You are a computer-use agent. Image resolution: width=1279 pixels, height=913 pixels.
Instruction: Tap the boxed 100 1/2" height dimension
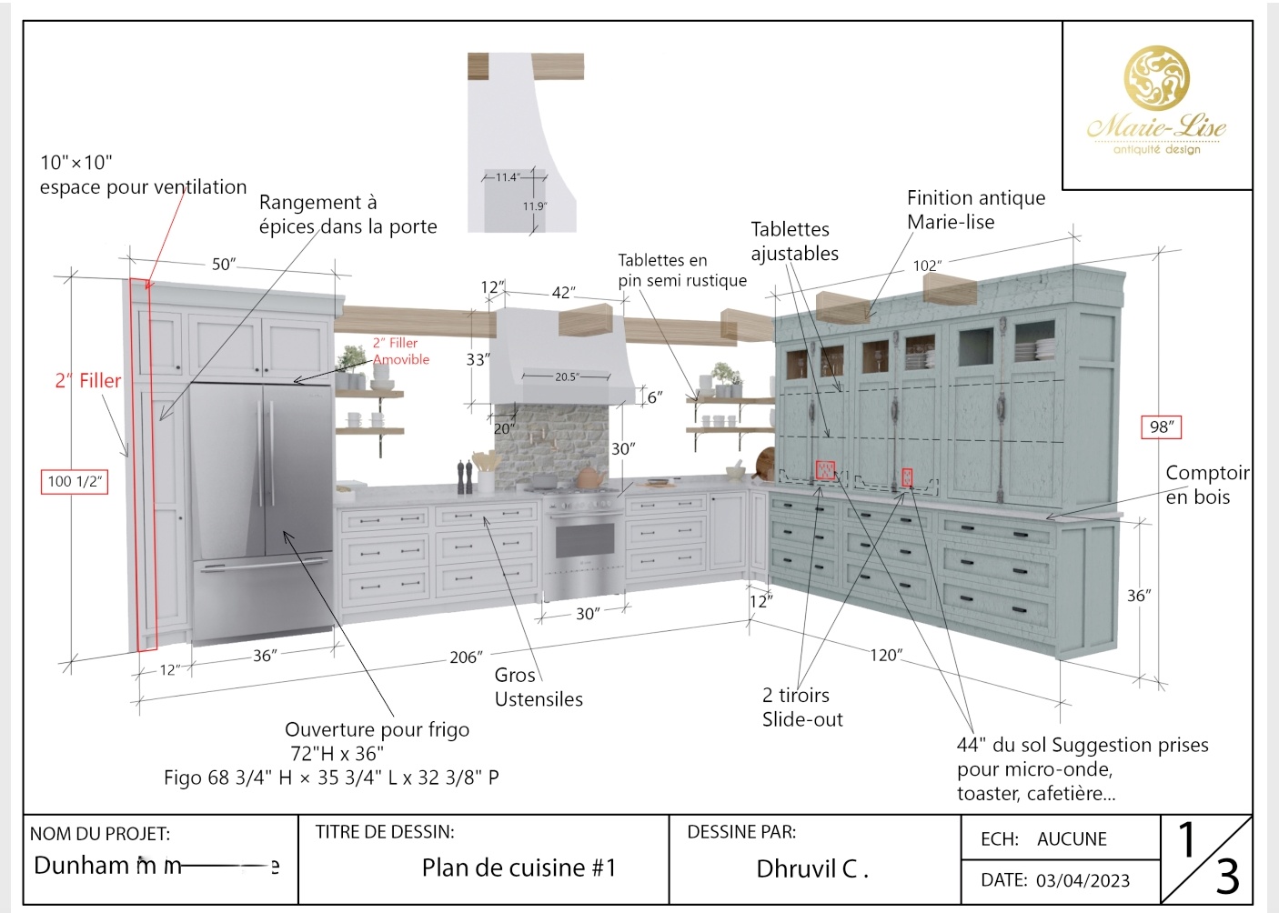pyautogui.click(x=74, y=481)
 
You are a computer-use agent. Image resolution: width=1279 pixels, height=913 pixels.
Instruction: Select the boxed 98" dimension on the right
pyautogui.click(x=1161, y=426)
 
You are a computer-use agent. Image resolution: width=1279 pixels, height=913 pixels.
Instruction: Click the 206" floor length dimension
pyautogui.click(x=466, y=657)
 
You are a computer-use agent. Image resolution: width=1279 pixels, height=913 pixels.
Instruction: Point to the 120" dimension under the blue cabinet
pyautogui.click(x=885, y=655)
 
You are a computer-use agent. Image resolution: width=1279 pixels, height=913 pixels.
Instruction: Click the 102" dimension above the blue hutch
pyautogui.click(x=927, y=266)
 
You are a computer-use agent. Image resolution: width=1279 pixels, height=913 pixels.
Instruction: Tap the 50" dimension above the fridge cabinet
pyautogui.click(x=224, y=264)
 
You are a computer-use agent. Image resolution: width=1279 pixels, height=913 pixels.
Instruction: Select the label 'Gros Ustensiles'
pyautogui.click(x=538, y=687)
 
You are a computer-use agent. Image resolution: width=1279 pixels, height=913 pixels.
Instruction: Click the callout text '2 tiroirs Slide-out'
pyautogui.click(x=801, y=707)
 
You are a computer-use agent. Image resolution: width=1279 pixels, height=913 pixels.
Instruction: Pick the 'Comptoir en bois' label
pyautogui.click(x=1206, y=485)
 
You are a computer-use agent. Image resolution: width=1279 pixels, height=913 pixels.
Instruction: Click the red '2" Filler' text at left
pyautogui.click(x=87, y=380)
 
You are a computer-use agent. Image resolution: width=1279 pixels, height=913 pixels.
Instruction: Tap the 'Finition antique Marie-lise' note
pyautogui.click(x=975, y=210)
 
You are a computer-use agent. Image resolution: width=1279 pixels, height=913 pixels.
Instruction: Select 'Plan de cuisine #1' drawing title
pyautogui.click(x=519, y=868)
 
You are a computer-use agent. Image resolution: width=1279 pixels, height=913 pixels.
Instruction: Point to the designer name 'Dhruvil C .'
pyautogui.click(x=811, y=869)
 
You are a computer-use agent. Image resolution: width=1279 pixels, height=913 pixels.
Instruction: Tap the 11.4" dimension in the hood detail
pyautogui.click(x=507, y=177)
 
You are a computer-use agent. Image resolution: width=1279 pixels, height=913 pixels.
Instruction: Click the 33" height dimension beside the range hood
pyautogui.click(x=477, y=359)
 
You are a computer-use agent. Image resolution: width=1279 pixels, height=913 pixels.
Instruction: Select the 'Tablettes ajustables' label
pyautogui.click(x=794, y=241)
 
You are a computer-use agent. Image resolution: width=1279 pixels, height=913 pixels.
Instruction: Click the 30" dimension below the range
pyautogui.click(x=587, y=614)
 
